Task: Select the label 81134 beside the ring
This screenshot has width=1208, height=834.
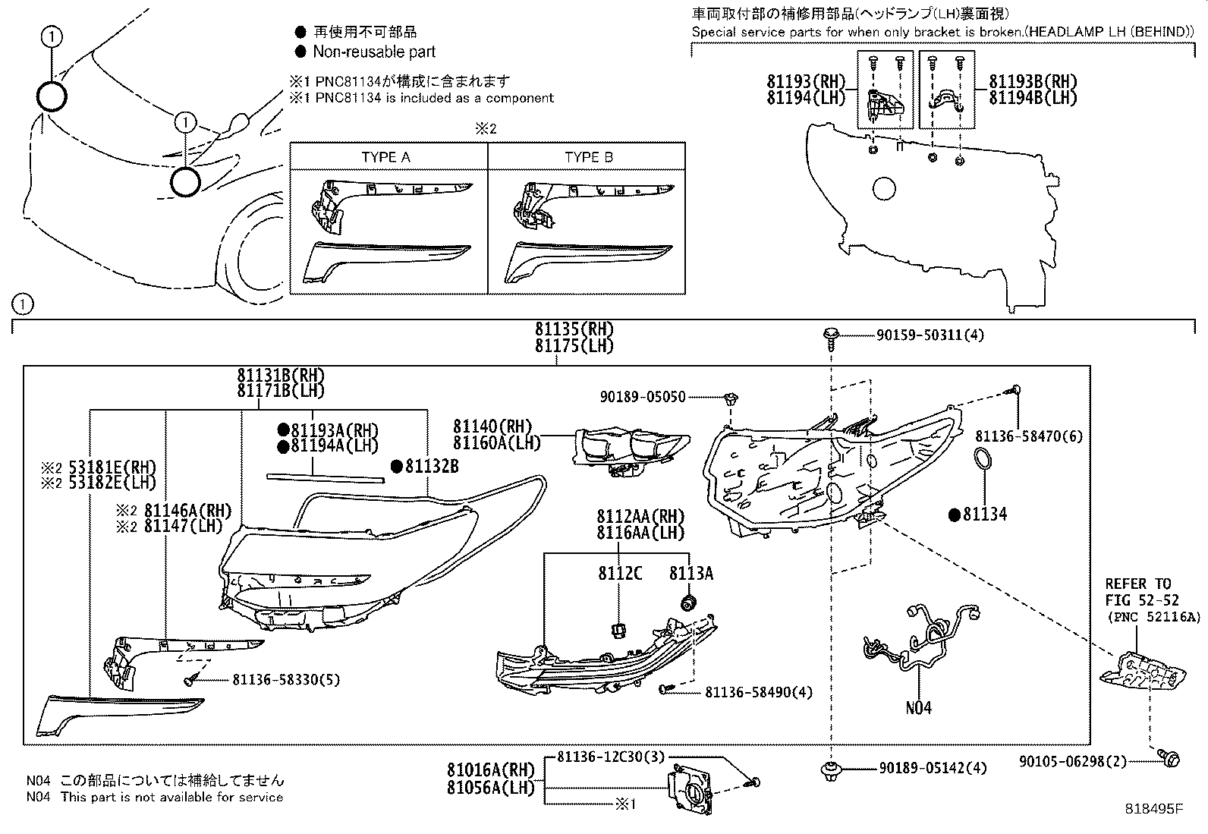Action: [984, 515]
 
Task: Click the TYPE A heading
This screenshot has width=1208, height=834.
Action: [385, 157]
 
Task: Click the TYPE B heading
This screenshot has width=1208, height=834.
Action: [588, 157]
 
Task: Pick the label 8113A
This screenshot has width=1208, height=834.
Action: [691, 574]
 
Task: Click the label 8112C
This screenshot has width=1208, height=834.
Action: [619, 574]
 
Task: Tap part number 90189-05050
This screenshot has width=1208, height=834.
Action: [642, 397]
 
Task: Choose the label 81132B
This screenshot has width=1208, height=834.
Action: [431, 467]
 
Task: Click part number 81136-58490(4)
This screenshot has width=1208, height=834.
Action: [758, 692]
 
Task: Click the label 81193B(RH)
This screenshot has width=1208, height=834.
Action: [1033, 82]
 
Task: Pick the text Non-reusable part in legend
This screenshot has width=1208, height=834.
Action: [374, 52]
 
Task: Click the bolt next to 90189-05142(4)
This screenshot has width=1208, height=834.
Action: [832, 769]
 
